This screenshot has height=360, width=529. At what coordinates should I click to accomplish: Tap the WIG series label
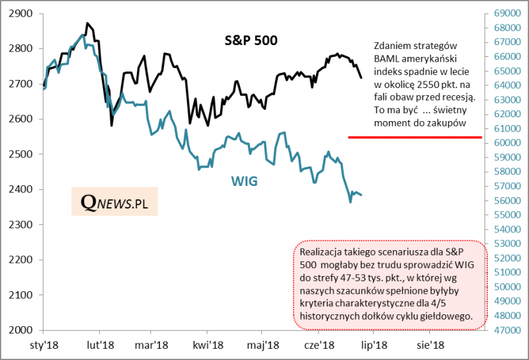tap(244, 180)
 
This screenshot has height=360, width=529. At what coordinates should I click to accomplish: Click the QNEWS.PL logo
tap(114, 203)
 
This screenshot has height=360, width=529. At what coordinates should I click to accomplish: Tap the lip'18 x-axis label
tap(373, 345)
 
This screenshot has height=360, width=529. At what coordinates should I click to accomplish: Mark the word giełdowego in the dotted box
tap(447, 317)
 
